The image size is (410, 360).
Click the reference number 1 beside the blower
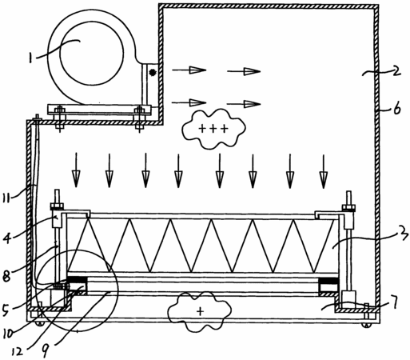coord(31,58)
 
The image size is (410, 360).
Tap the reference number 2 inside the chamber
coord(396,70)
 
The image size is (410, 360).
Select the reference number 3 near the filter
coord(403,234)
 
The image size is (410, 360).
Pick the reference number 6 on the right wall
coord(397,109)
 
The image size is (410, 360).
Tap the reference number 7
coord(394,302)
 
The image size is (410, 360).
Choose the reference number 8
coord(6,276)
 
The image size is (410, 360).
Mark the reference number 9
coord(45,350)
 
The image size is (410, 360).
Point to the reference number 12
coord(18,352)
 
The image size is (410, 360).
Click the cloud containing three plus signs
coord(213,128)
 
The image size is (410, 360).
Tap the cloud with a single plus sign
coord(200,311)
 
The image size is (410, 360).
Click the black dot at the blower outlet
coord(153,72)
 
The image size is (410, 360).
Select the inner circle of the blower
coord(92,54)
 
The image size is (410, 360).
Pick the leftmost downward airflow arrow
coord(76,170)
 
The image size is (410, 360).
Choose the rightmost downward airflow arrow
coord(324,171)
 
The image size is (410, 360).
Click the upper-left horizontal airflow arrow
coord(189,70)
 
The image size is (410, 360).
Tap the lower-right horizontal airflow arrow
coord(244,104)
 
